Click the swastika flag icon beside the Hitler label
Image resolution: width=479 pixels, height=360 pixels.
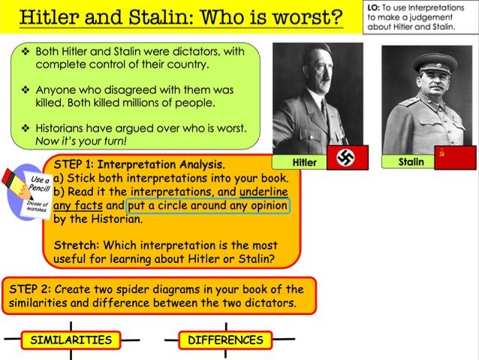(346, 159)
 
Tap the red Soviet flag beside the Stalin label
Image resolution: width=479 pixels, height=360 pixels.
(454, 159)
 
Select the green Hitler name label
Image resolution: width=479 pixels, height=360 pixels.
(303, 162)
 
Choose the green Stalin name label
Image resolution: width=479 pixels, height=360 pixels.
(411, 162)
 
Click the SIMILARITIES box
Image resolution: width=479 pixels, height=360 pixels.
(71, 340)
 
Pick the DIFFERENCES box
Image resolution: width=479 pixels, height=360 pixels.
(225, 340)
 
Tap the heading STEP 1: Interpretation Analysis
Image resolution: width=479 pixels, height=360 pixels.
(139, 164)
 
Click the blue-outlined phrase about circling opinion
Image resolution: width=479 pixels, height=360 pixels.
(207, 205)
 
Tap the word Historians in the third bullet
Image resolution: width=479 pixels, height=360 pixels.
(69, 128)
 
